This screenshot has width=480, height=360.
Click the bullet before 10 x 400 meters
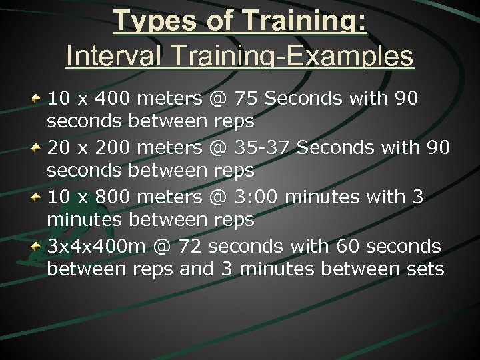coord(37,98)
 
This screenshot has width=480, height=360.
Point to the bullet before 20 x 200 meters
coord(37,147)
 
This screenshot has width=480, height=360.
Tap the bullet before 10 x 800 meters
coord(37,197)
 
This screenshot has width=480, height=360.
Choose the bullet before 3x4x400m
coord(37,246)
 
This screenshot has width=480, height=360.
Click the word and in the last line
coord(196,269)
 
